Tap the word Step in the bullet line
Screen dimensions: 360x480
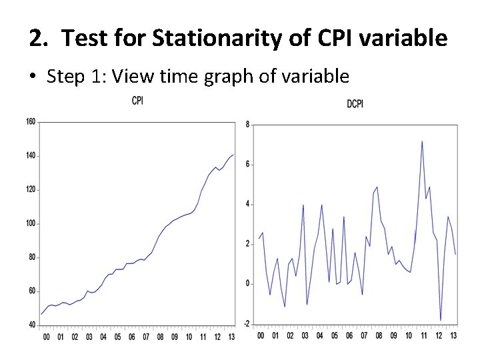click(67, 77)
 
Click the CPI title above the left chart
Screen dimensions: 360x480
click(137, 101)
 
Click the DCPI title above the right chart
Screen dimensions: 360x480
click(355, 103)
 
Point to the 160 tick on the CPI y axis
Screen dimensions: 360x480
click(31, 122)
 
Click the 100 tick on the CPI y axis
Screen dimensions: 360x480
click(31, 223)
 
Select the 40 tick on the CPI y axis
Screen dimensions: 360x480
click(32, 325)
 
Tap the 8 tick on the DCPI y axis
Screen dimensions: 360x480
click(248, 125)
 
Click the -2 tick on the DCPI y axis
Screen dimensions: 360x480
click(247, 324)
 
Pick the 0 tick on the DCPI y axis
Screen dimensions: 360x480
click(248, 284)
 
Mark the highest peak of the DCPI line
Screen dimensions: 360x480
click(422, 141)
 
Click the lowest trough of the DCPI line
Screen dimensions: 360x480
click(441, 320)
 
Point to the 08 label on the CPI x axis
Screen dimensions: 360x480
click(160, 337)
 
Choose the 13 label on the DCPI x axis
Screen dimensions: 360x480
click(454, 335)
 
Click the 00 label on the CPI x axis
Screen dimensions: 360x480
click(46, 337)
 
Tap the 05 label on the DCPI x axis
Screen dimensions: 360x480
click(335, 335)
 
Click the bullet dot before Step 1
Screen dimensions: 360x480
click(33, 77)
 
